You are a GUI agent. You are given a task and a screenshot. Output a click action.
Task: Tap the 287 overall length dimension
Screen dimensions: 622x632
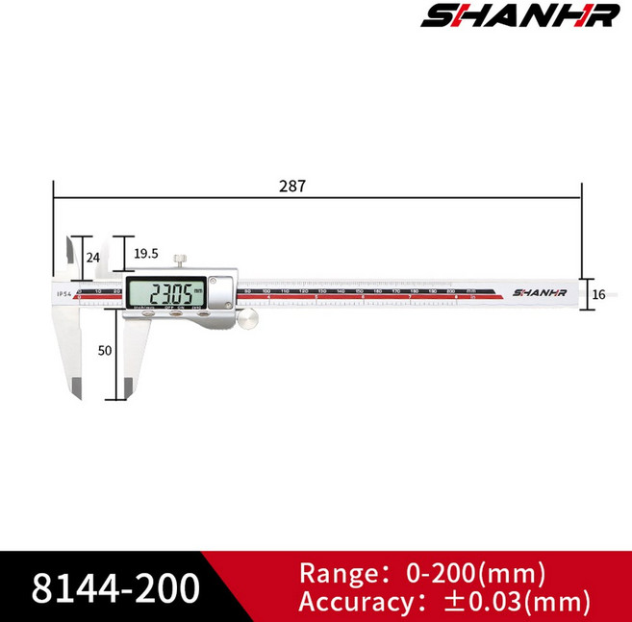pos(293,187)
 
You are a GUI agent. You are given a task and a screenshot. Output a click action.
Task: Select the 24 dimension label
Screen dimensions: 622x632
pos(93,258)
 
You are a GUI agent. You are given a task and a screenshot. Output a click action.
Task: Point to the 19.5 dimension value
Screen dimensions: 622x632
pos(146,254)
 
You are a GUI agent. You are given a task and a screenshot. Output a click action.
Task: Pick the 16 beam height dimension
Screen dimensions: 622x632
pos(598,294)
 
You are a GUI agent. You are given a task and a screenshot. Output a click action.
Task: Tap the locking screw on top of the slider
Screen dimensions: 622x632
pos(180,260)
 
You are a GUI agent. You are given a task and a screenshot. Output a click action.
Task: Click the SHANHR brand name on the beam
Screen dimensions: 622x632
pos(540,292)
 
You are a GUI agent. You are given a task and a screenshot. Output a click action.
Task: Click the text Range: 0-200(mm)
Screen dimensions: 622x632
pos(423,574)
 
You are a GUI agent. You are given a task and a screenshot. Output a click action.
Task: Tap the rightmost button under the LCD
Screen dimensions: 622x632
pos(203,312)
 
